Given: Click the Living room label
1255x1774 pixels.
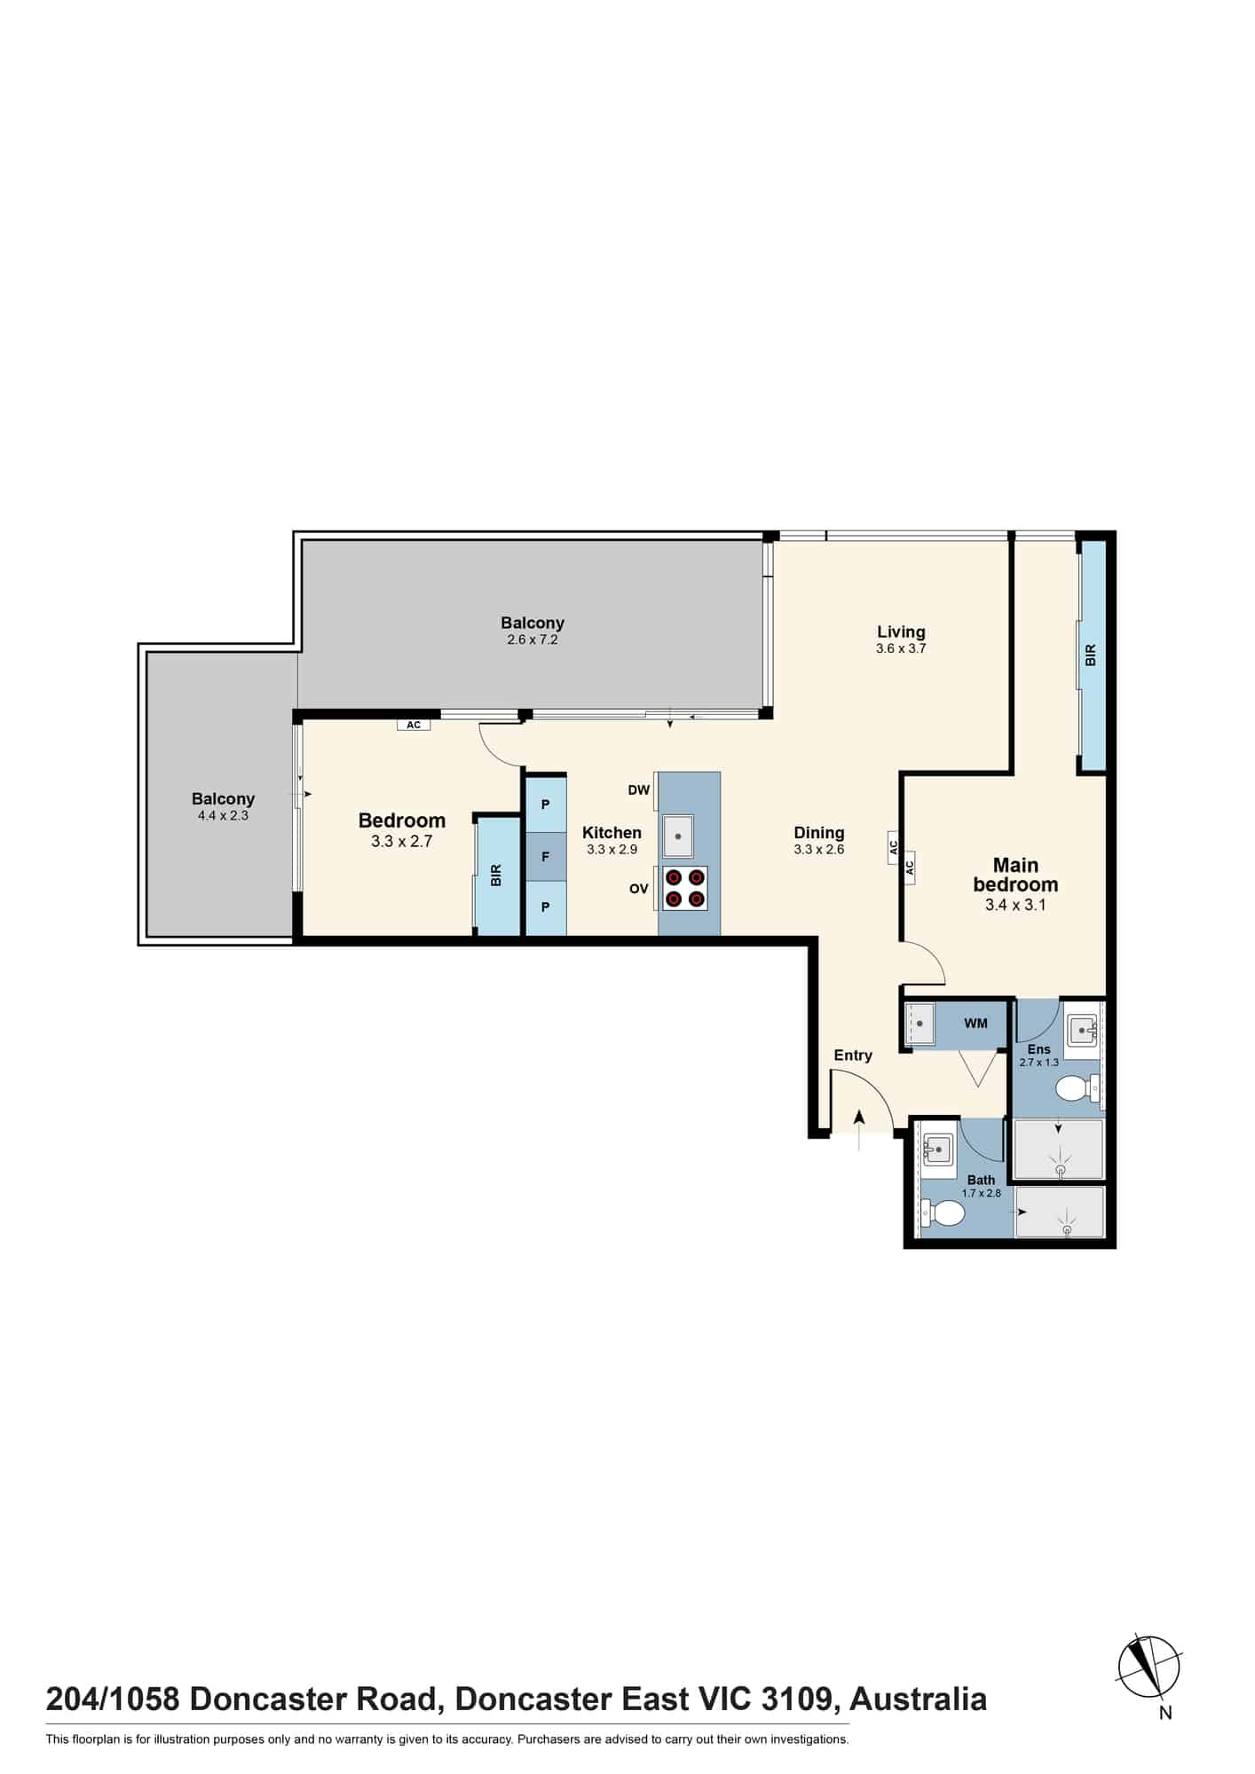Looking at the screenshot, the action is (901, 632).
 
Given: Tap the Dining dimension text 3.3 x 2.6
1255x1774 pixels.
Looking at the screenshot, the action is (818, 850).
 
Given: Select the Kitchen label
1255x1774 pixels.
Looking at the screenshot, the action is (612, 833).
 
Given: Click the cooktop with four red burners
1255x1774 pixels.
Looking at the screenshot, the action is (685, 889).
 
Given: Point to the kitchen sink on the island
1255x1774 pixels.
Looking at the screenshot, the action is (678, 836).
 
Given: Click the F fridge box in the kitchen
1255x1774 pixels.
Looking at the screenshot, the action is (546, 857).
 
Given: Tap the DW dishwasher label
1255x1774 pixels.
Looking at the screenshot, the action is (639, 790).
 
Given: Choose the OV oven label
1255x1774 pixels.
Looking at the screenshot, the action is (639, 889).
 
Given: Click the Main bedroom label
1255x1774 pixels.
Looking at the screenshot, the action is (1015, 875).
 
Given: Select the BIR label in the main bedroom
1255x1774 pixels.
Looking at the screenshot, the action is (1091, 655).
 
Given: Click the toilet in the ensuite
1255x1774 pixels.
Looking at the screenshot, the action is (1078, 1087).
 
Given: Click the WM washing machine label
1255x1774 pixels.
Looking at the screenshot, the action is (975, 1024).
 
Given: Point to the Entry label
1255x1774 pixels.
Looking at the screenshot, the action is (853, 1056).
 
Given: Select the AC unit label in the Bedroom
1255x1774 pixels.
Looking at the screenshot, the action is (414, 725).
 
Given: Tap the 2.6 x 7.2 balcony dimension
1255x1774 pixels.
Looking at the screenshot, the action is (533, 640).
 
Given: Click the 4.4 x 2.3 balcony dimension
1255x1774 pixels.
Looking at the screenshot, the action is (223, 815).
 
